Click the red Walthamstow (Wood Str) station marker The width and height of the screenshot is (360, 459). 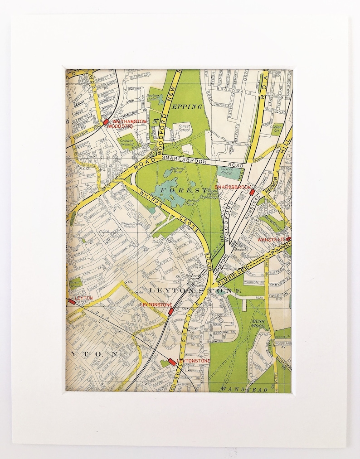click(106, 122)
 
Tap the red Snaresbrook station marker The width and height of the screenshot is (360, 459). click(252, 192)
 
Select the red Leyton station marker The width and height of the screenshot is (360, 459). click(72, 301)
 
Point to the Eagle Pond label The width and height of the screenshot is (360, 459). click(225, 171)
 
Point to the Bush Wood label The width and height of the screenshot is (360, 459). click(258, 323)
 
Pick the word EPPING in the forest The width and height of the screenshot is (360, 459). click(187, 106)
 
